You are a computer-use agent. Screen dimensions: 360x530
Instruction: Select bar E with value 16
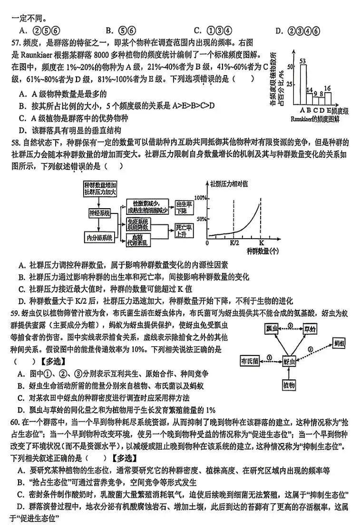click(328, 98)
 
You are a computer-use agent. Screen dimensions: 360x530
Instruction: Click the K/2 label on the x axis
click(234, 243)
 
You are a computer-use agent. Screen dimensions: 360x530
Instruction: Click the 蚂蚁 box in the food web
click(339, 342)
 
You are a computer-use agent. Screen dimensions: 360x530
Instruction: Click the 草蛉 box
click(311, 328)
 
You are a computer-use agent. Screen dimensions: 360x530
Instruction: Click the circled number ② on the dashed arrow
click(311, 349)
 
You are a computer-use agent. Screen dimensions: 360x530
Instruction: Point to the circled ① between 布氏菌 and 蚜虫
click(269, 357)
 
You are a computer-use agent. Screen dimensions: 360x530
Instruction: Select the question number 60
click(15, 421)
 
